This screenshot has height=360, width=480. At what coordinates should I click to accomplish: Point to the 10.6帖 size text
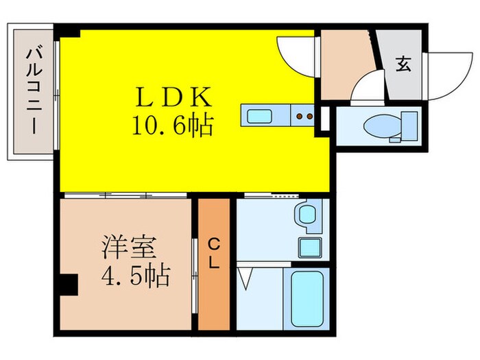click(x=171, y=125)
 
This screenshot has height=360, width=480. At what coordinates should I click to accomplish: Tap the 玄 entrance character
click(x=403, y=67)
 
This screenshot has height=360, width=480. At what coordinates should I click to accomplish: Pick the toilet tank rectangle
click(x=409, y=126)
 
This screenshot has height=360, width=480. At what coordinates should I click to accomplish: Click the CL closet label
click(x=214, y=253)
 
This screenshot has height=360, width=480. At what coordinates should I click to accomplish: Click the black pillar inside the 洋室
click(x=67, y=283)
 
